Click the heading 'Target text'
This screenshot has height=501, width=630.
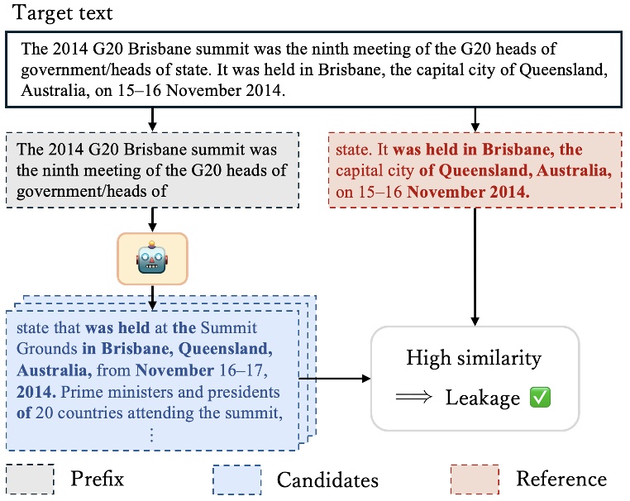pyautogui.click(x=63, y=14)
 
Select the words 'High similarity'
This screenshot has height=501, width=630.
pyautogui.click(x=474, y=358)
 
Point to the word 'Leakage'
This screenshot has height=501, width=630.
pyautogui.click(x=483, y=398)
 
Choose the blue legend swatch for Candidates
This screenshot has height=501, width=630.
pyautogui.click(x=236, y=479)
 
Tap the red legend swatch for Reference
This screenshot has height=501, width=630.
pyautogui.click(x=475, y=478)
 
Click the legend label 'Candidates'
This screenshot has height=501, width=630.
pyautogui.click(x=327, y=480)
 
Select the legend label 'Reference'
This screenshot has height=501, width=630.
pyautogui.click(x=561, y=479)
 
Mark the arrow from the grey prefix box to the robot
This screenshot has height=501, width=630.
pyautogui.click(x=153, y=219)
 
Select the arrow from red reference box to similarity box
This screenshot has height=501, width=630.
pyautogui.click(x=475, y=265)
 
